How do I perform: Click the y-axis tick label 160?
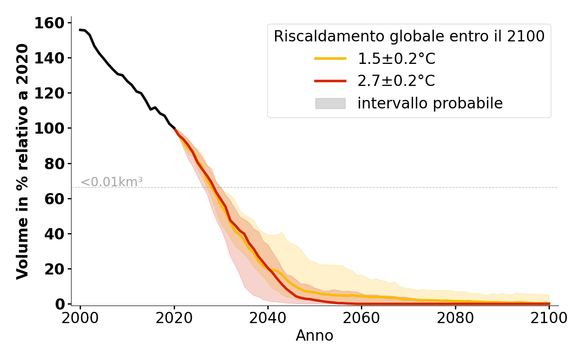coord(49,23)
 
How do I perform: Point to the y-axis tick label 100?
coord(49,129)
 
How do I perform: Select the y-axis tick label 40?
coord(54,234)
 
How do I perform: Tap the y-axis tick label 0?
coord(60,305)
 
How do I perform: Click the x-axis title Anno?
coord(315,336)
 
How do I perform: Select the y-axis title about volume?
coord(22,161)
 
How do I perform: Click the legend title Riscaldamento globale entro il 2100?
coord(409,36)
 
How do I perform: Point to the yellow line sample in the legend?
coord(330,58)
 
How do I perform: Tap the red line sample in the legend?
coord(330,81)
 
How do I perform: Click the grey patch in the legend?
coord(330,103)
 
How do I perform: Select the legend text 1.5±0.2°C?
coord(396,59)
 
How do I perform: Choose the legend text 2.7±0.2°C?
coord(396,81)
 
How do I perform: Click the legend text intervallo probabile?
coord(430,103)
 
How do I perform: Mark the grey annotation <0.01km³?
coord(112,182)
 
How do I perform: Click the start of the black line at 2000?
coord(80,30)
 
